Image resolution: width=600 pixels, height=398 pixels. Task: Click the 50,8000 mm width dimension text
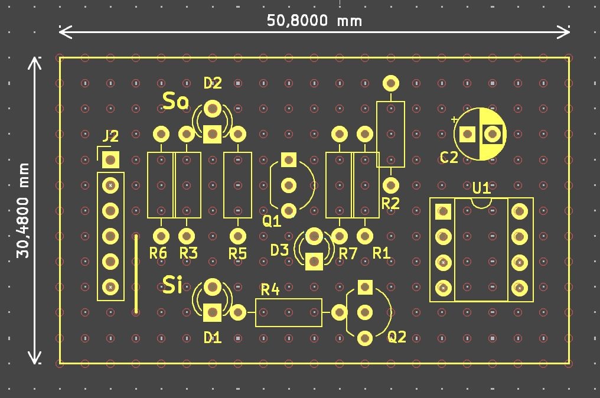click(x=314, y=21)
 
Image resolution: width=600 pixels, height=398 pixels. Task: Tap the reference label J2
click(x=110, y=136)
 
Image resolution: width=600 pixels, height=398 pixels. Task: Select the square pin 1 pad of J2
click(x=110, y=159)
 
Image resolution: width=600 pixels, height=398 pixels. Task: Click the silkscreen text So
click(x=176, y=102)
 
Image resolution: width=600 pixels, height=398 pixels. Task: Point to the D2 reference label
click(x=213, y=83)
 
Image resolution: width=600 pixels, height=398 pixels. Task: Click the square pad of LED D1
click(x=213, y=312)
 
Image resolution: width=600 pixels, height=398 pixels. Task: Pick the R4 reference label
click(x=270, y=289)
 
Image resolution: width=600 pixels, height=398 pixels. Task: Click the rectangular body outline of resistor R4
click(x=289, y=312)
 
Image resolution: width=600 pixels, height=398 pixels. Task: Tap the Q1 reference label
click(x=272, y=221)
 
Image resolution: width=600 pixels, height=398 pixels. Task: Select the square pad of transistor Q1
click(x=289, y=159)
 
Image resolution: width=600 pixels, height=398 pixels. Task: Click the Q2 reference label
click(x=397, y=337)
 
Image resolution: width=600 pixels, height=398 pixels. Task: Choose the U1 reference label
click(x=482, y=188)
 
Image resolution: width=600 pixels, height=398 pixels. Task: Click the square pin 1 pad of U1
click(x=443, y=211)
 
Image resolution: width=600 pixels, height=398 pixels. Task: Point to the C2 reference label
click(x=449, y=158)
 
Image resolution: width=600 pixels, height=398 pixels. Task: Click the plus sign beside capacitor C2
click(x=454, y=120)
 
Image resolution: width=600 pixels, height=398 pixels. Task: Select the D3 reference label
click(x=280, y=250)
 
